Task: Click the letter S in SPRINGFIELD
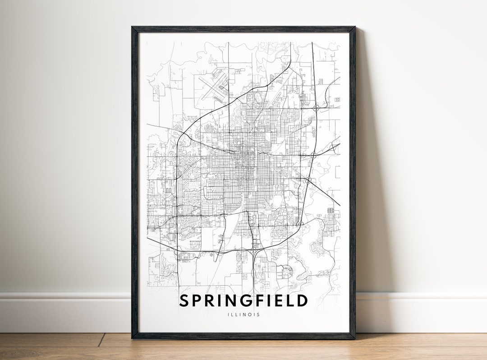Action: tap(184, 300)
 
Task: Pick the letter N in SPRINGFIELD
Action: tap(235, 300)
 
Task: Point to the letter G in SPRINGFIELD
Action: tap(251, 300)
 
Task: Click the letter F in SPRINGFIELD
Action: tap(265, 300)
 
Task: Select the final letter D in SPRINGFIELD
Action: tap(303, 300)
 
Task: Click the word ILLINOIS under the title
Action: tap(243, 315)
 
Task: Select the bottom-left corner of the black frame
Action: tap(133, 337)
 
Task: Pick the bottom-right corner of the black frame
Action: tap(354, 337)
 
